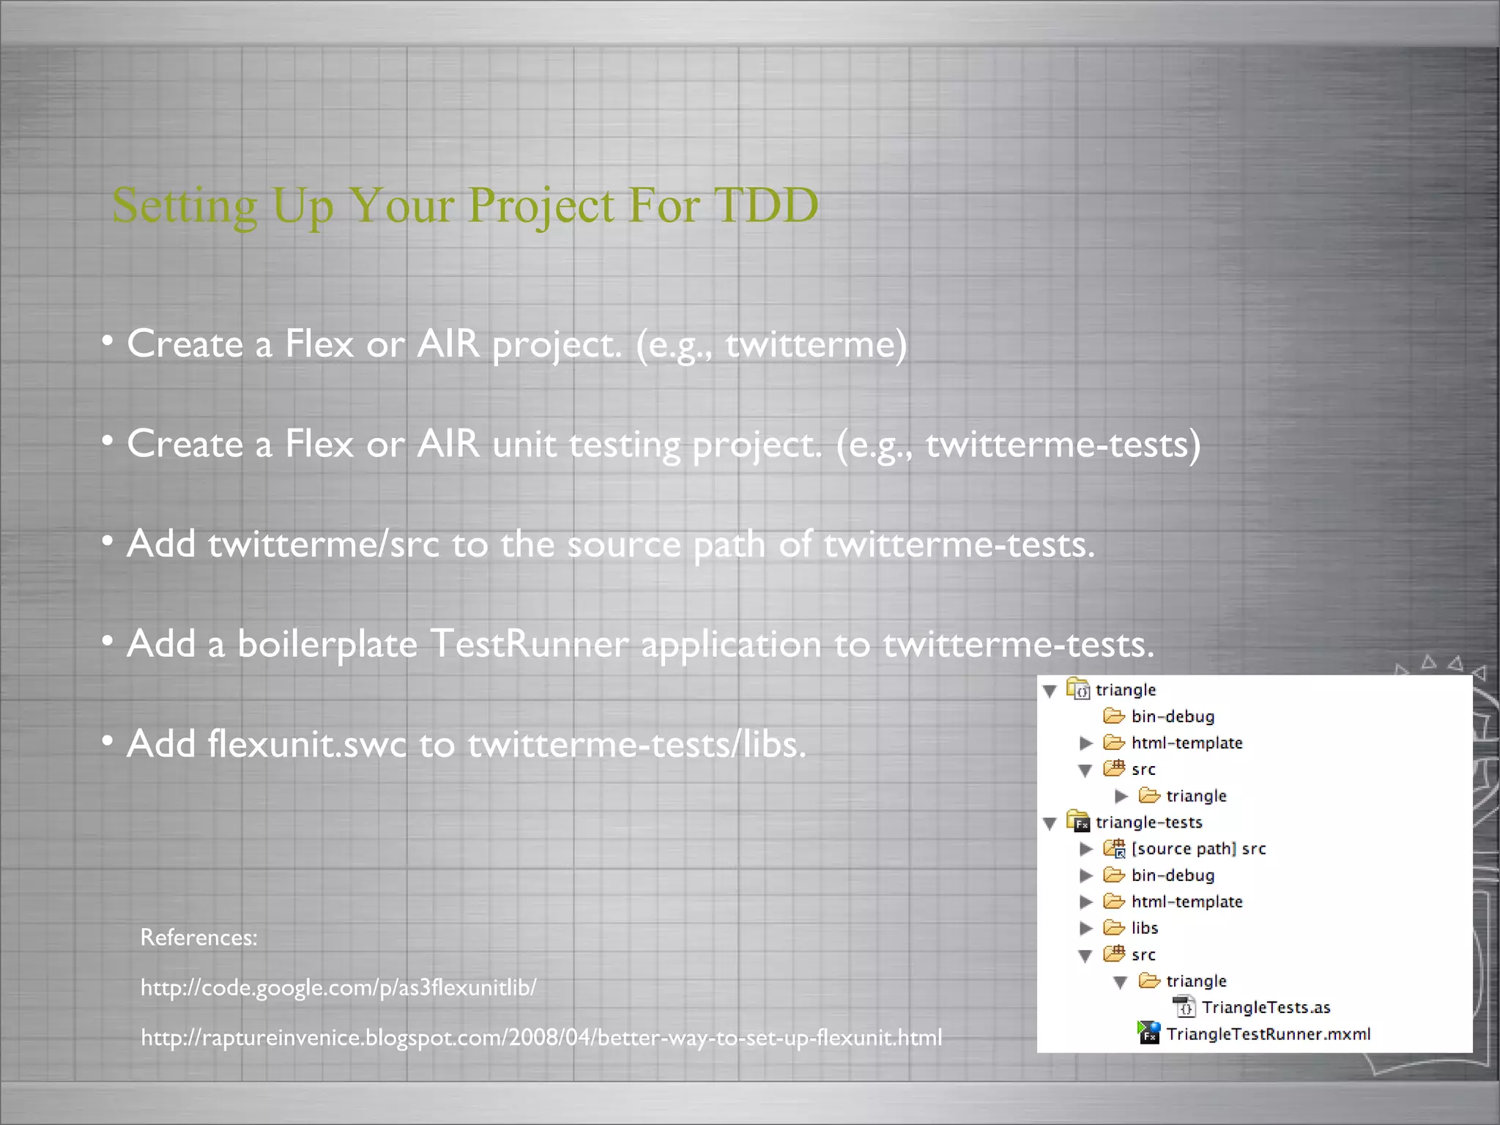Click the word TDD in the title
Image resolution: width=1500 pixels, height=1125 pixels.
tap(765, 205)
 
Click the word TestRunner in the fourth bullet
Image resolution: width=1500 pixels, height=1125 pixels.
tap(528, 644)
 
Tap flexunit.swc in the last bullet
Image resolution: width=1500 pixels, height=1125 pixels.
tap(306, 743)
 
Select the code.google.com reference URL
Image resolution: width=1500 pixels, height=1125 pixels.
tap(338, 987)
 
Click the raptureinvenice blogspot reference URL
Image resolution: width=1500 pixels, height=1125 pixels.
tap(541, 1037)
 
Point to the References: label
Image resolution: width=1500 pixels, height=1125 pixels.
tap(198, 937)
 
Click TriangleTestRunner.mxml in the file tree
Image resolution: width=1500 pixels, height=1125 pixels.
tap(1268, 1033)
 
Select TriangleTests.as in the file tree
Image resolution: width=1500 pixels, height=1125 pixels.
tap(1266, 1007)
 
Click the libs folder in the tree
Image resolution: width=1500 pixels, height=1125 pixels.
tap(1144, 928)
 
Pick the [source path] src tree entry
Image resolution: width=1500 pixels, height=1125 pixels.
tap(1198, 848)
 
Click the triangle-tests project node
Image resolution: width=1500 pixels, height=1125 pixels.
tap(1148, 822)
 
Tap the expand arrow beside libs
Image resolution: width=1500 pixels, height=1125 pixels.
tap(1086, 929)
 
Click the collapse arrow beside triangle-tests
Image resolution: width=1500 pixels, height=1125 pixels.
tap(1050, 823)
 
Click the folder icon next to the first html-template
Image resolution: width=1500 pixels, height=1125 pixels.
tap(1114, 743)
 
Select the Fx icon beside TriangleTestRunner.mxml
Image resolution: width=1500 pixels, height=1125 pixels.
tap(1148, 1033)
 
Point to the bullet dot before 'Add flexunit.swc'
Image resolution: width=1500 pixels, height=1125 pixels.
tap(108, 742)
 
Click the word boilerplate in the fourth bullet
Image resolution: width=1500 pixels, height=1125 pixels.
tap(327, 644)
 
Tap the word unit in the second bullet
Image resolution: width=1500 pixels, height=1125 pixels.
tap(524, 444)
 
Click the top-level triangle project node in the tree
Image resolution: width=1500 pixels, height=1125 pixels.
tap(1125, 690)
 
